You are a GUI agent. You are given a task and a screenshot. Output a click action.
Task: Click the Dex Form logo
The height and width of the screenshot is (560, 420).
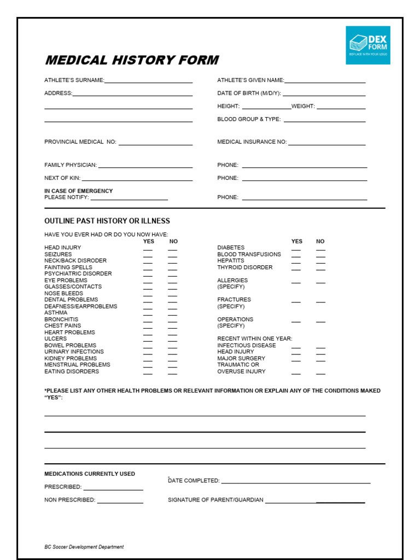coord(367,45)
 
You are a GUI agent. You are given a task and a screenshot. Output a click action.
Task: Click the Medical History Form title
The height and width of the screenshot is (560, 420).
coord(131,60)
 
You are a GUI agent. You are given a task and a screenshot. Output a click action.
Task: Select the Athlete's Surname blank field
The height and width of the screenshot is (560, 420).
coord(148,81)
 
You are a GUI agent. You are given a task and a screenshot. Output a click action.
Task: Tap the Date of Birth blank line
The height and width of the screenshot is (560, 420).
coord(324,95)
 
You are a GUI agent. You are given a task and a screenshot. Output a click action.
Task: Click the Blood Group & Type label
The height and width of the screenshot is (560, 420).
coord(249,119)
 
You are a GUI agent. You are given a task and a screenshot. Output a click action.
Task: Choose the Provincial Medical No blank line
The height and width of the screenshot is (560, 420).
coord(155,144)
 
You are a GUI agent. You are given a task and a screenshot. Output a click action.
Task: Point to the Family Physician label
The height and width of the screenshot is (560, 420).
coord(71,165)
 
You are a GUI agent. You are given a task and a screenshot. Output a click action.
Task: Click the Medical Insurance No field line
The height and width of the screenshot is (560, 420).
coord(326,144)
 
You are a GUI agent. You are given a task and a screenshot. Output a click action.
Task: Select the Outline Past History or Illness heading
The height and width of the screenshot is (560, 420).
coord(107,221)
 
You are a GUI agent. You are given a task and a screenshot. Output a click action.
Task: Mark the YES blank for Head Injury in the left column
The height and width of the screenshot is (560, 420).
coord(148,249)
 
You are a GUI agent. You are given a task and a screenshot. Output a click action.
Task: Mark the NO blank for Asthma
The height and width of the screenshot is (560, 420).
coord(173,314)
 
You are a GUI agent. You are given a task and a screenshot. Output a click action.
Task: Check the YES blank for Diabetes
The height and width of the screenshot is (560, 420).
coord(296,249)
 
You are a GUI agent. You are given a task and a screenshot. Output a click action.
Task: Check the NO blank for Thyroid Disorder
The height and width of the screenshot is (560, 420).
coord(320,269)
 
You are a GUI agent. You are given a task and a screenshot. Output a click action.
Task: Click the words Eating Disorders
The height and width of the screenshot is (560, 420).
coord(72,372)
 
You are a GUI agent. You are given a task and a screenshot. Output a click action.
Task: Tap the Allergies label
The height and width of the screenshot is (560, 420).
coord(232,281)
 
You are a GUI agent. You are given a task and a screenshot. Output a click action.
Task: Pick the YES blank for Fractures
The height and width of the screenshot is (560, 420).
coord(296,301)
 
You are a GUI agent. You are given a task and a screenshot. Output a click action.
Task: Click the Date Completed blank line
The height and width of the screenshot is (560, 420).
coord(295,482)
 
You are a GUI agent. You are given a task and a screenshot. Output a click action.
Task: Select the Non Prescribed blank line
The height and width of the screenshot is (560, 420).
coord(120,501)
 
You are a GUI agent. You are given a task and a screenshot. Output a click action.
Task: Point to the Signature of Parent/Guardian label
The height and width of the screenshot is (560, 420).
coord(215,500)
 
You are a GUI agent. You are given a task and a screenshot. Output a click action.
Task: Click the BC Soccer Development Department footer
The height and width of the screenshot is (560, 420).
coord(84,547)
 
